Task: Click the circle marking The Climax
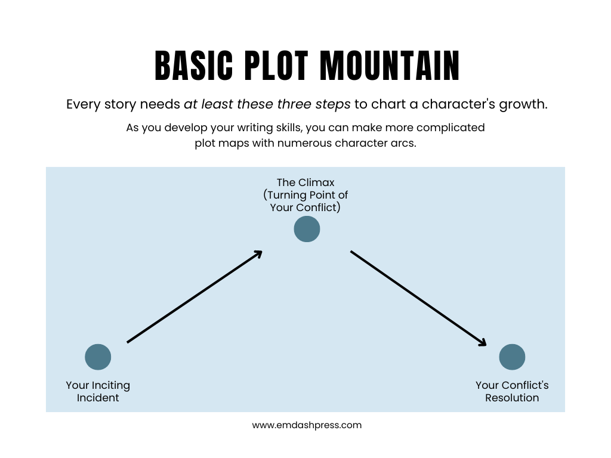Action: tap(307, 229)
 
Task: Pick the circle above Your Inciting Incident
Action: tap(98, 357)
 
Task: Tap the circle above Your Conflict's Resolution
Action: tap(512, 357)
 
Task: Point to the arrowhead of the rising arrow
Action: tap(258, 253)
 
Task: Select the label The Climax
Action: tap(305, 182)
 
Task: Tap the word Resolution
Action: tap(512, 398)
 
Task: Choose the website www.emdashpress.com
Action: tap(307, 425)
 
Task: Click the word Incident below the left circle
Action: tap(98, 398)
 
